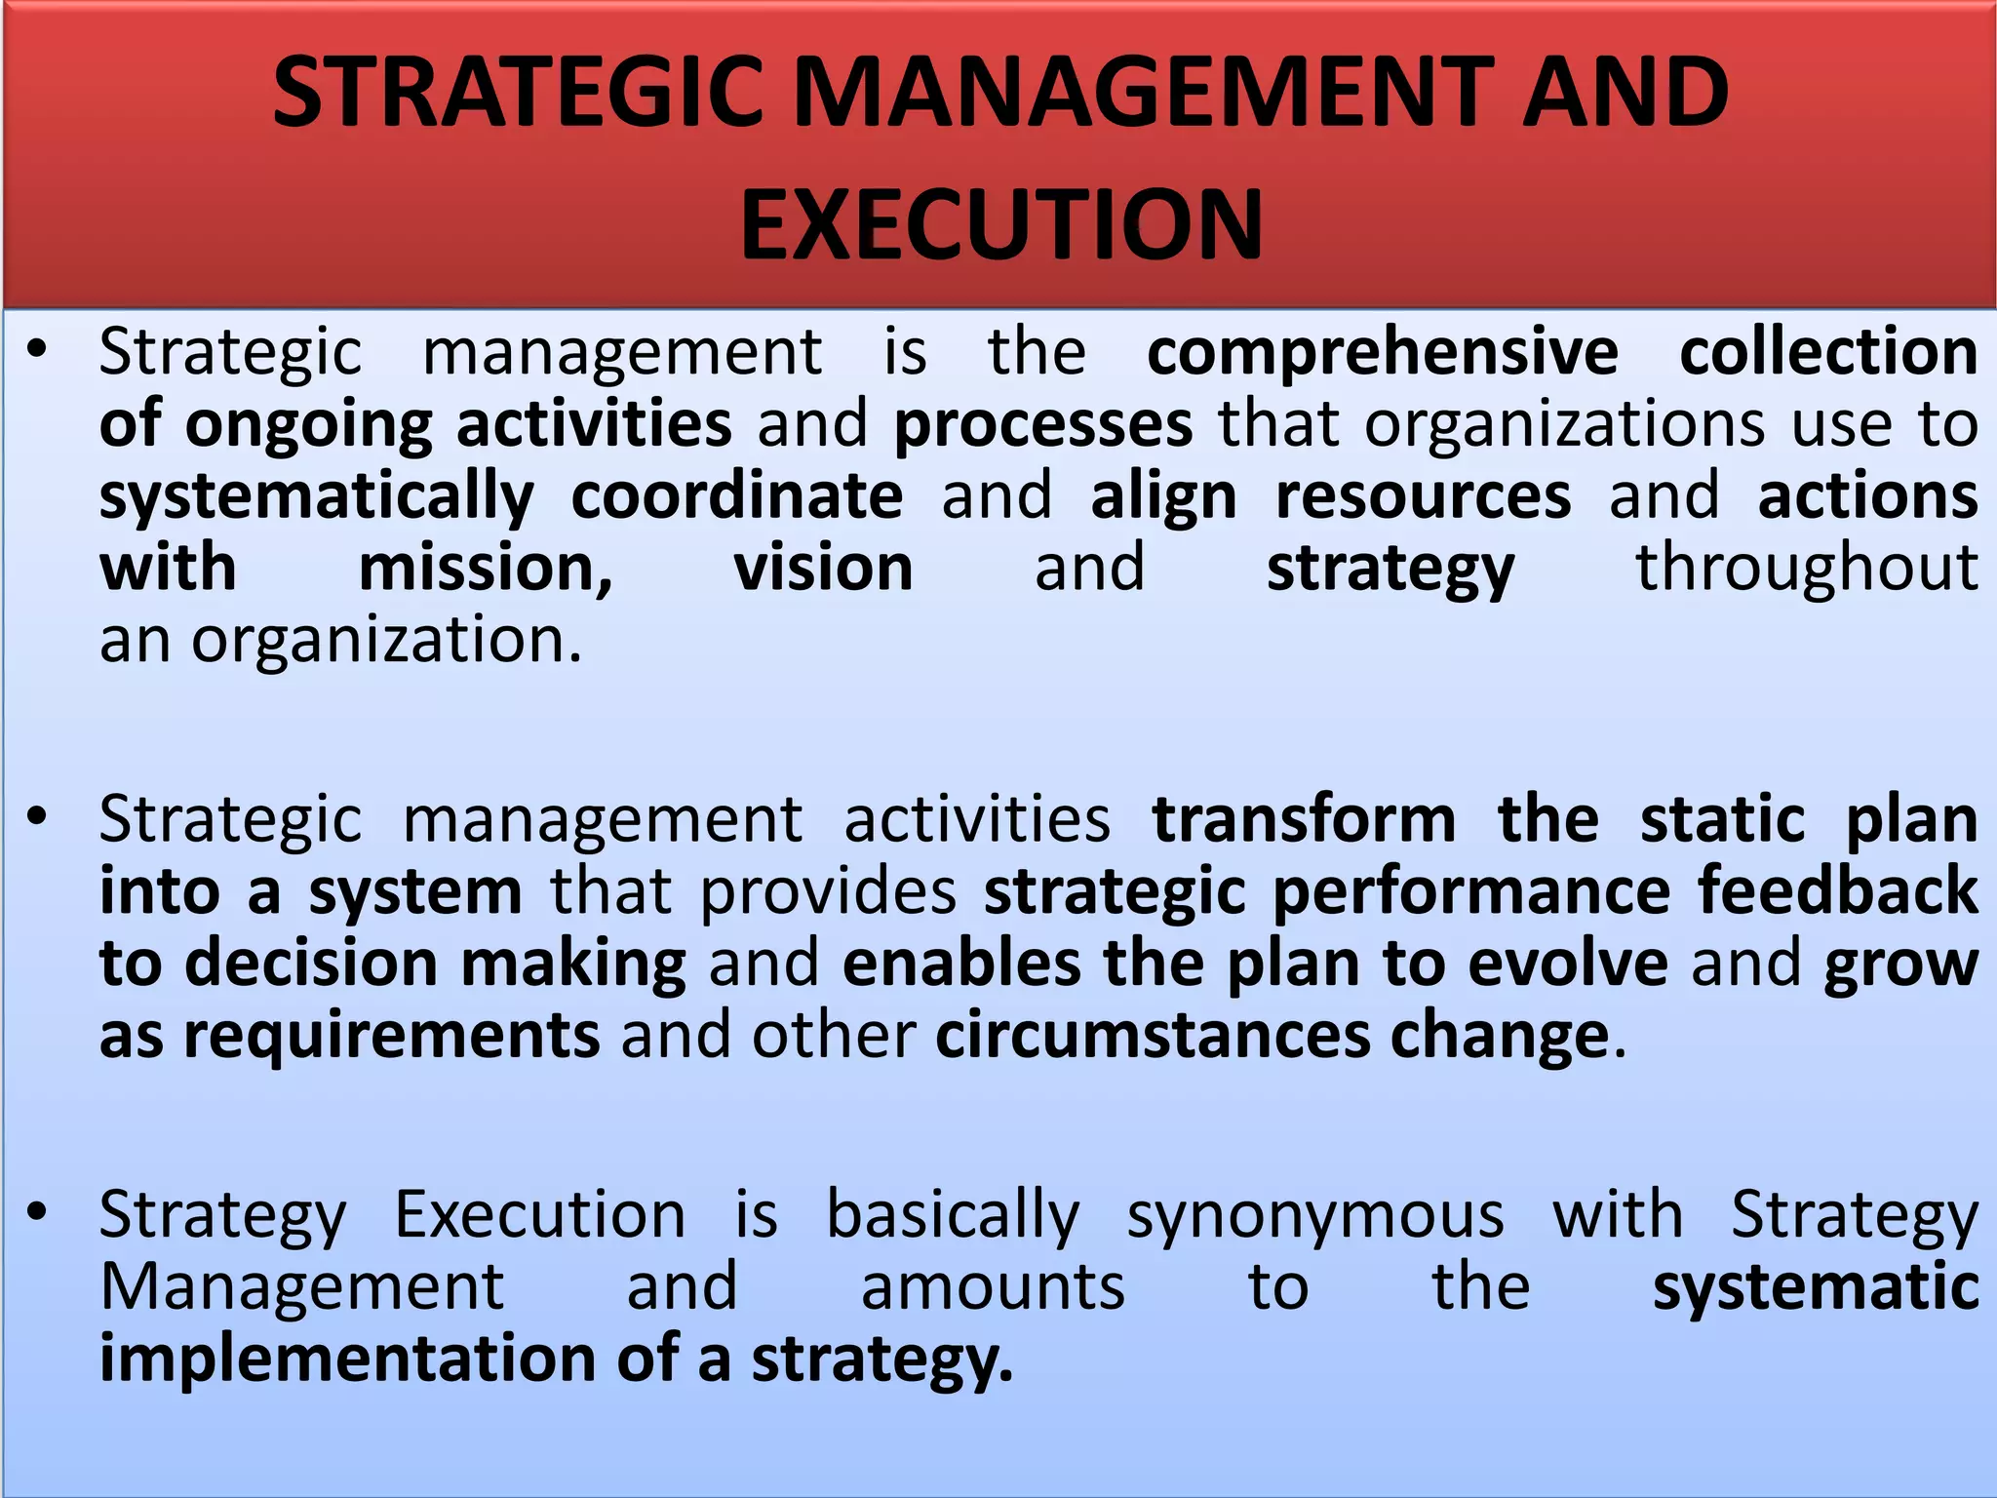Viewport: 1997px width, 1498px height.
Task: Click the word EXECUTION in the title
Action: pyautogui.click(x=1001, y=225)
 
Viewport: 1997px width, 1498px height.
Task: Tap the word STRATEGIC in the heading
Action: pyautogui.click(x=518, y=93)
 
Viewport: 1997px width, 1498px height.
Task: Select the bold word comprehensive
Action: pyautogui.click(x=1383, y=352)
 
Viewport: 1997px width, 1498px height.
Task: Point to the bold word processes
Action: pyautogui.click(x=1042, y=425)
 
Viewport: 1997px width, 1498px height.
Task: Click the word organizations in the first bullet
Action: pyautogui.click(x=1565, y=425)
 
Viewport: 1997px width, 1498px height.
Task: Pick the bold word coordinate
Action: pyautogui.click(x=736, y=496)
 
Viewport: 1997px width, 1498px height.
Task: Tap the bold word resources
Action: pyautogui.click(x=1423, y=496)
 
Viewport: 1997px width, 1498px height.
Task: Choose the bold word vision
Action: pyautogui.click(x=823, y=569)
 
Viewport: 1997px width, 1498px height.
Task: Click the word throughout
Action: pyautogui.click(x=1807, y=569)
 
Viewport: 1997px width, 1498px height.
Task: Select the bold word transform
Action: pyautogui.click(x=1304, y=819)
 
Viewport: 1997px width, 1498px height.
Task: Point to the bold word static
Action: pyautogui.click(x=1722, y=819)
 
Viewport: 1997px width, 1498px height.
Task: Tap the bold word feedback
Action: pyautogui.click(x=1838, y=891)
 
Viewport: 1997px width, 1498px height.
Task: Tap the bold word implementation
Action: pyautogui.click(x=347, y=1359)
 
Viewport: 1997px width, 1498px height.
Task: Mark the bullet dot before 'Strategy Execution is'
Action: pyautogui.click(x=38, y=1212)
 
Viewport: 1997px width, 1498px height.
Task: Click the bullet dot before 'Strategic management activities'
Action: pyautogui.click(x=38, y=816)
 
